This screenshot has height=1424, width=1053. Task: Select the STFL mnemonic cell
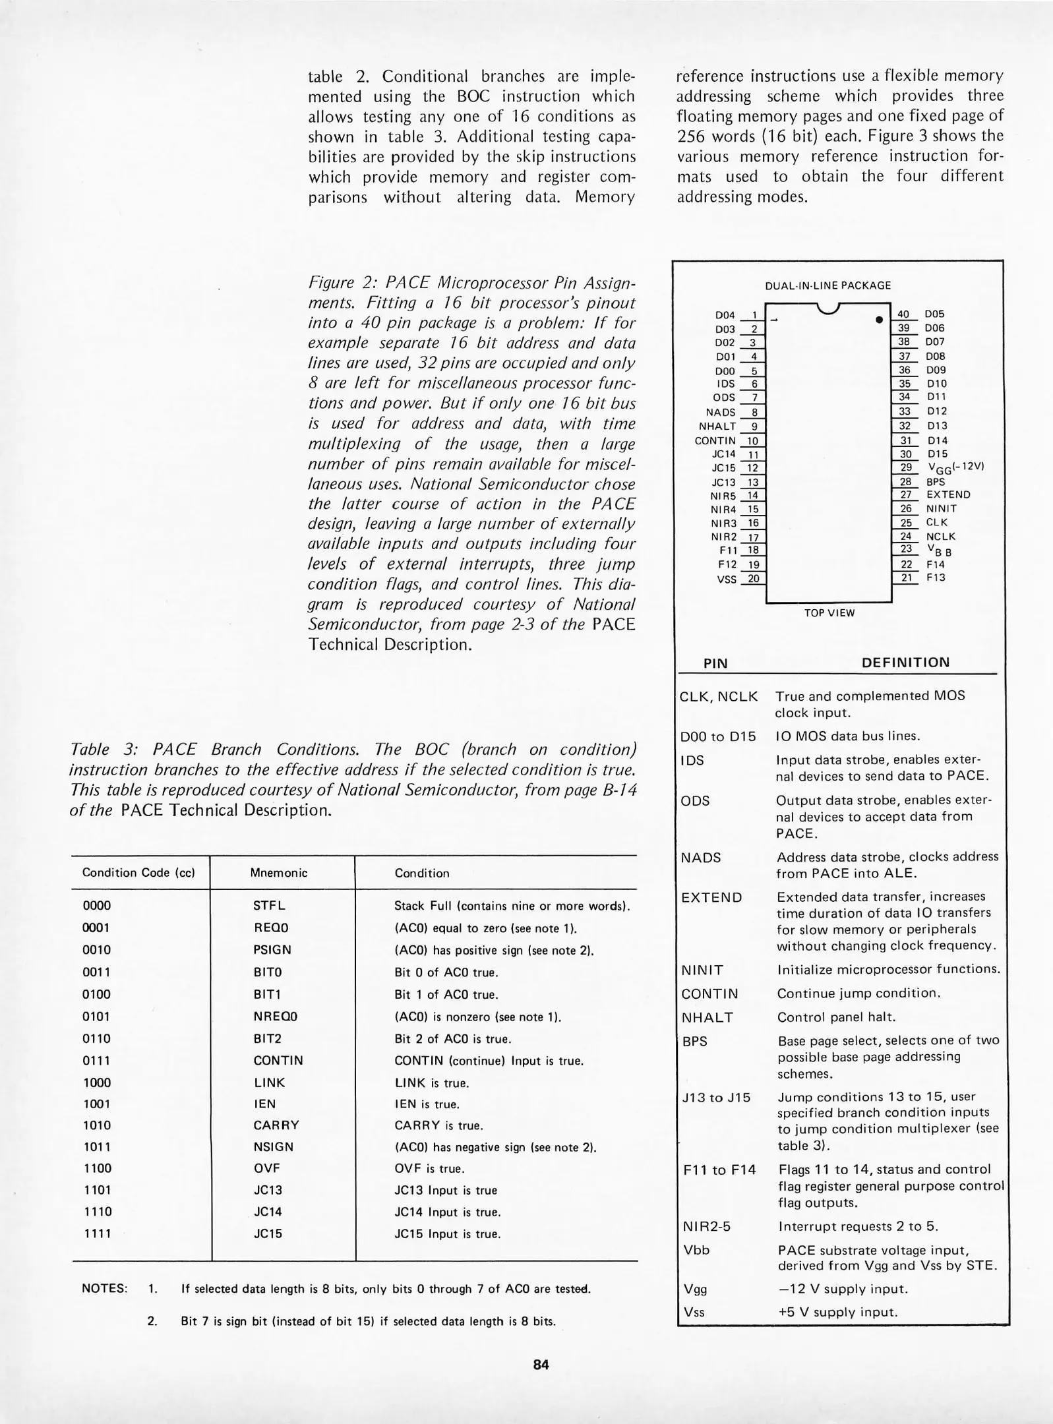269,905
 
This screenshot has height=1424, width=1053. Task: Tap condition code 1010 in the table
97,1125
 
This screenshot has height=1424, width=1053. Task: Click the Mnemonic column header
279,873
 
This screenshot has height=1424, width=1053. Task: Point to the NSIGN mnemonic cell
273,1147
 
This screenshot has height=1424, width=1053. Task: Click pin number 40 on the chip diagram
903,314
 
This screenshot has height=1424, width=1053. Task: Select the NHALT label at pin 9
717,426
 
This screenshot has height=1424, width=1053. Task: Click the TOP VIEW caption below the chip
829,613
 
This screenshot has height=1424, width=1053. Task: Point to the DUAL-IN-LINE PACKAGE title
827,285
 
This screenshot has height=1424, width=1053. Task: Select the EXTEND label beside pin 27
948,494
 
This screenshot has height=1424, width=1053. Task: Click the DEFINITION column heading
906,663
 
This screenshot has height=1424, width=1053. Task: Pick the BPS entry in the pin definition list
694,1042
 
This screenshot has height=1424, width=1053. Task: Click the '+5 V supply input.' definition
837,1312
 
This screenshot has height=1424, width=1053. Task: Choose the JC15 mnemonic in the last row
268,1233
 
